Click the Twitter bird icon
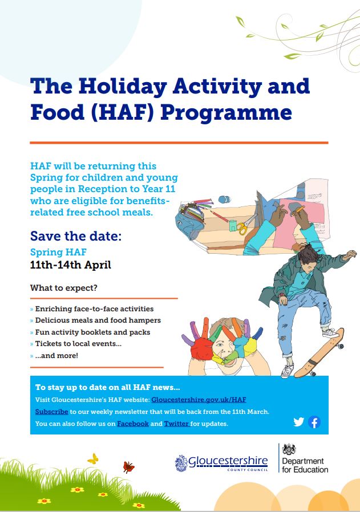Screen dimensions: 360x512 tap(298, 422)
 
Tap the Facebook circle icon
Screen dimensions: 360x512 tap(314, 422)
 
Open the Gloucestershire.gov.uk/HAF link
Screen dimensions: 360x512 tap(199, 400)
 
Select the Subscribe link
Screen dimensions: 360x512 tap(51, 412)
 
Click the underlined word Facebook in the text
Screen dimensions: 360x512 tap(133, 424)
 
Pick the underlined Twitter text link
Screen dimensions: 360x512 tap(177, 424)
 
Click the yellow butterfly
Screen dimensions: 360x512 tap(93, 459)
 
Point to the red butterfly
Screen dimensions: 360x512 tap(128, 467)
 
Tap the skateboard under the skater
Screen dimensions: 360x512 tap(319, 353)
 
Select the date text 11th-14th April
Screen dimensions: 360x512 tap(71, 265)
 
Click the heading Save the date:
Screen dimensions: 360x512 tap(76, 235)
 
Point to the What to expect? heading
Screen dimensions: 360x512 tap(64, 288)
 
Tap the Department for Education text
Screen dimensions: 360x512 tap(305, 465)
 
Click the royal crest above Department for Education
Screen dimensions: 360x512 tap(289, 449)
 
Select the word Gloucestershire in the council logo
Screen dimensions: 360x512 tap(228, 461)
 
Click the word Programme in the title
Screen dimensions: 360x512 tap(226, 113)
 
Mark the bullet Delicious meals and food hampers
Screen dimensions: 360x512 tap(98, 320)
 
